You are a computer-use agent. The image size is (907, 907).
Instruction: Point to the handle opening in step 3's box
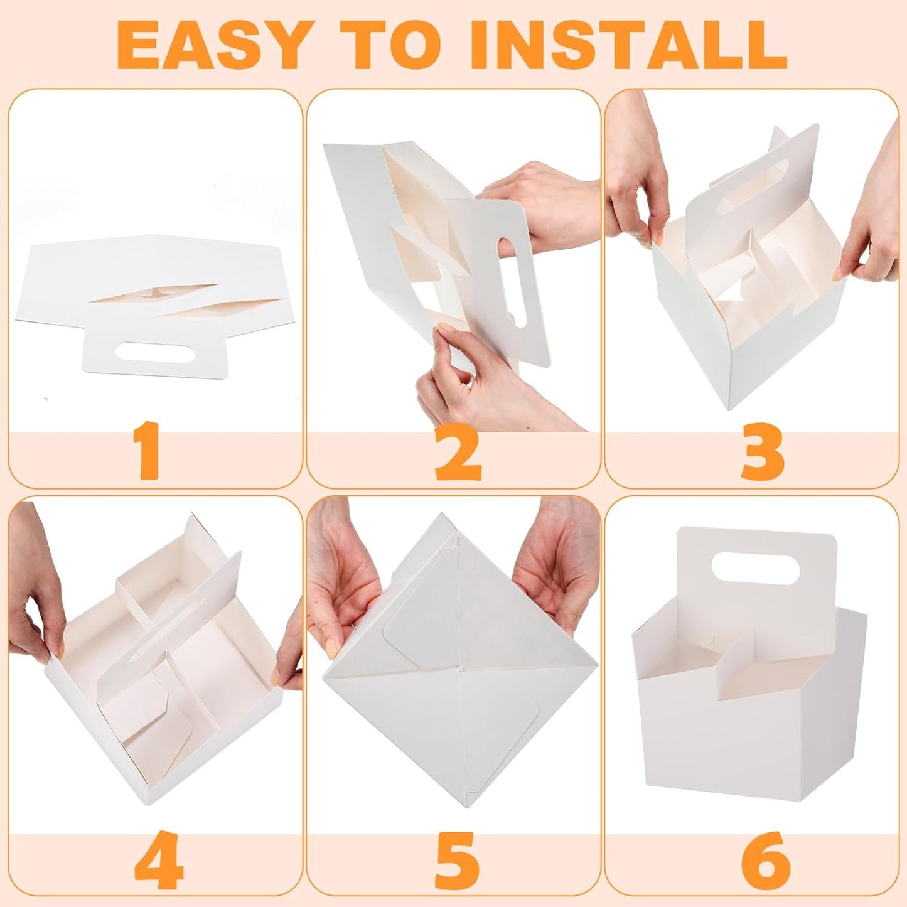[x=754, y=188]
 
